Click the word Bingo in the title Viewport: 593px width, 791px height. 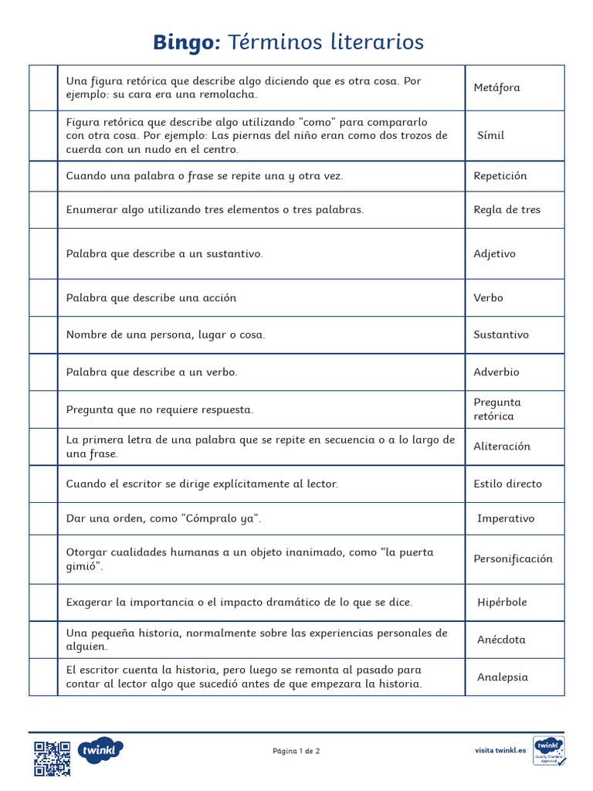pos(187,42)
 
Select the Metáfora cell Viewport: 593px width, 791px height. pos(496,87)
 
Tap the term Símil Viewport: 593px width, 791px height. pos(490,135)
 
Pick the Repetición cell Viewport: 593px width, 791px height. pos(500,175)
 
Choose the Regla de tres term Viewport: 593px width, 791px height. pos(507,209)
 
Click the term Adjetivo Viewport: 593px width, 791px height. pos(494,253)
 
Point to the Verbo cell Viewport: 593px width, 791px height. pos(488,297)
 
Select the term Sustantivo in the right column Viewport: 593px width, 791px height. pos(501,334)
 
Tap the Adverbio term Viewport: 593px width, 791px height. pos(496,372)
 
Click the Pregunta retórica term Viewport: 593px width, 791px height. pos(497,409)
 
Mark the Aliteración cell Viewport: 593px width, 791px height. pos(502,446)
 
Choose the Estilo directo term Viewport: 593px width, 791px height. pos(507,484)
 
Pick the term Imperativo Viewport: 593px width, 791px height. pos(505,518)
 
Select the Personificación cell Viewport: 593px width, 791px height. pos(513,558)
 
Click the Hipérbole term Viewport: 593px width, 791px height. pos(502,602)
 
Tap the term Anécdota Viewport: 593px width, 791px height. pos(501,640)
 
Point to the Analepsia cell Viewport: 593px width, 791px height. pos(503,677)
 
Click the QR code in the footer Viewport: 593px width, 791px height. pos(52,758)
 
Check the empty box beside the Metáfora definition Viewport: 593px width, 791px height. pos(43,87)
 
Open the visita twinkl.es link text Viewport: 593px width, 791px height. pos(500,750)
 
